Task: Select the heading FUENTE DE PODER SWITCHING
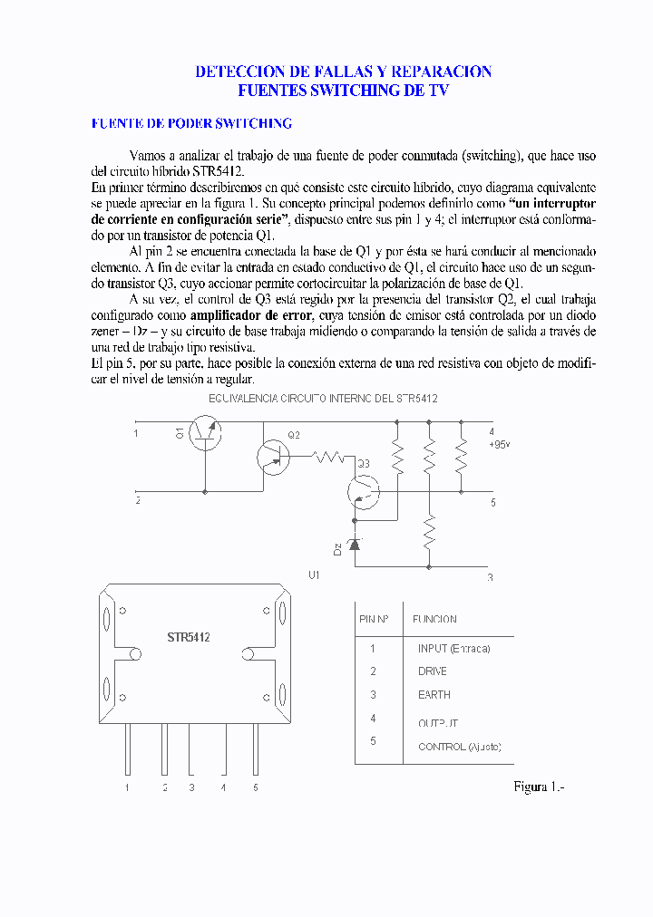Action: pyautogui.click(x=191, y=123)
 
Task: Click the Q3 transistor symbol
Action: pyautogui.click(x=365, y=492)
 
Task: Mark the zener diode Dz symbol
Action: pyautogui.click(x=354, y=544)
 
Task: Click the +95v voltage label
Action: pyautogui.click(x=500, y=445)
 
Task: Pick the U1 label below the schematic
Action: pyautogui.click(x=315, y=574)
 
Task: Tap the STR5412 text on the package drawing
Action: pyautogui.click(x=189, y=638)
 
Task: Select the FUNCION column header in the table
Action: pyautogui.click(x=434, y=620)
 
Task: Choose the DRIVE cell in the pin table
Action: pyautogui.click(x=432, y=671)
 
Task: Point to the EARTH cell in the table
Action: pyautogui.click(x=434, y=695)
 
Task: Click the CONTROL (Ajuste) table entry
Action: pyautogui.click(x=459, y=747)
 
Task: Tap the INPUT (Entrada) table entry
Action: pyautogui.click(x=453, y=648)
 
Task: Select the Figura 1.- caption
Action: pyautogui.click(x=539, y=787)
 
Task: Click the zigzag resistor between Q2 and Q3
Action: pyautogui.click(x=329, y=458)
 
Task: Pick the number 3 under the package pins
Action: pyautogui.click(x=191, y=788)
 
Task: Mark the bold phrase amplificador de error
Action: pyautogui.click(x=251, y=315)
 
